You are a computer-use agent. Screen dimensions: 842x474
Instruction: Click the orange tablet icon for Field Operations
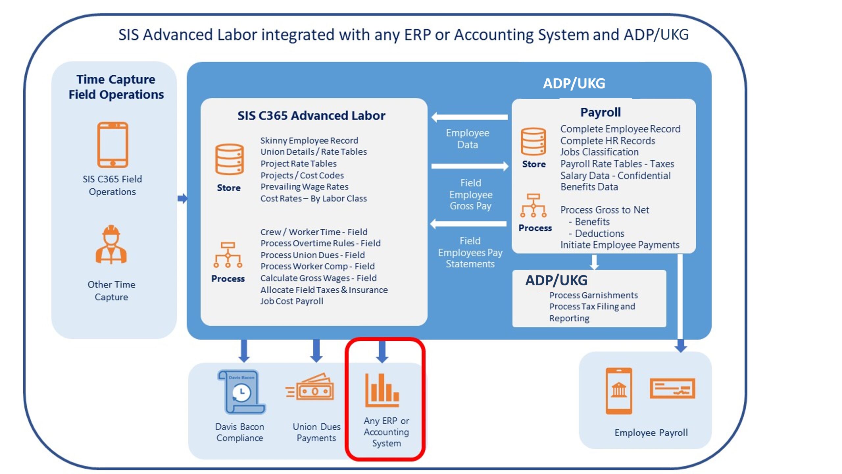[x=112, y=145]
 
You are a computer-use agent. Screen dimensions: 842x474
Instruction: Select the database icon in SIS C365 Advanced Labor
[x=229, y=160]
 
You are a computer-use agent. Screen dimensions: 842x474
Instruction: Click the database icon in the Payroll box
[x=533, y=142]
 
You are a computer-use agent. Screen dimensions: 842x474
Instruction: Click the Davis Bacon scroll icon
[x=241, y=392]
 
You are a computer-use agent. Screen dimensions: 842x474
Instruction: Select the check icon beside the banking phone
[x=672, y=388]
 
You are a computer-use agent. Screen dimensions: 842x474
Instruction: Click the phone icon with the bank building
[x=619, y=391]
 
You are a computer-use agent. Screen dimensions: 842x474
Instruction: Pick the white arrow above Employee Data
[x=470, y=117]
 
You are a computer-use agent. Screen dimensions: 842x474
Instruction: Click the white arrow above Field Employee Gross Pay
[x=470, y=166]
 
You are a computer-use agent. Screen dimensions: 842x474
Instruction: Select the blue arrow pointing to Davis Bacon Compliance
[x=244, y=351]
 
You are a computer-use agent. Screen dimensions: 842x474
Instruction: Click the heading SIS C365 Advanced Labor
[x=311, y=116]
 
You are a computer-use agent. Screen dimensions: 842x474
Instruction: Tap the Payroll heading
[x=601, y=112]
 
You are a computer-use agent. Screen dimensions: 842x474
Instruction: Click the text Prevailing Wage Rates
[x=304, y=187]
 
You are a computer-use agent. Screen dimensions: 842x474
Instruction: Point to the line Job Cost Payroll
[x=292, y=301]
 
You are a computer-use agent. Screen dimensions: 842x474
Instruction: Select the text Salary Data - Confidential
[x=615, y=175]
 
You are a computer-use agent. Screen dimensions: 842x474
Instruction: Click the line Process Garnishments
[x=593, y=295]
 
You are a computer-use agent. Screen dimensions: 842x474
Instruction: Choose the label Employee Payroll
[x=651, y=433]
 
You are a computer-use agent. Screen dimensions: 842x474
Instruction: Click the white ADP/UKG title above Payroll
[x=574, y=83]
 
